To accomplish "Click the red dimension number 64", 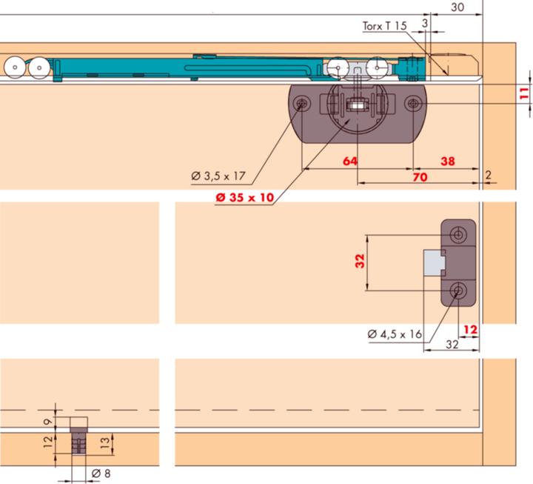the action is coord(350,161).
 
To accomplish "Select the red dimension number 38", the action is coord(448,161).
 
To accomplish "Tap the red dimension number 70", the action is coord(420,177).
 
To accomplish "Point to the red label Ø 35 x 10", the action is coord(245,197).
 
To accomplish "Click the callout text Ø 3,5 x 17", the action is coord(218,176).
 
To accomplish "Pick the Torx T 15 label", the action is coord(384,26).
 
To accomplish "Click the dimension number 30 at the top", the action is coord(457,7).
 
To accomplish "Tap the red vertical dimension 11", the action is coord(525,93).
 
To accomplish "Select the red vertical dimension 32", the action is coord(360,261).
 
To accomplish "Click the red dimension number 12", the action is coord(471,329).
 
